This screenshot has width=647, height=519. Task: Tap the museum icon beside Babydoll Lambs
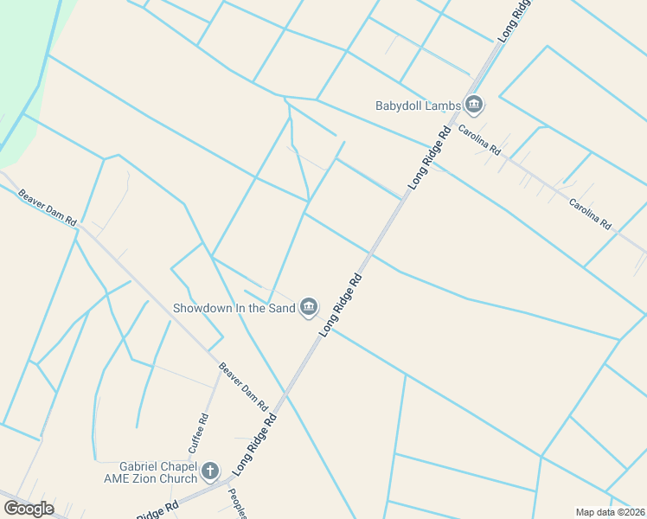coord(473,106)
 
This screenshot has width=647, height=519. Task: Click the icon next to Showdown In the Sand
coord(309,307)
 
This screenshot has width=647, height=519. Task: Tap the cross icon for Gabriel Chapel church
coord(210,471)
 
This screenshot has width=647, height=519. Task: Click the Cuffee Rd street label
coord(198,433)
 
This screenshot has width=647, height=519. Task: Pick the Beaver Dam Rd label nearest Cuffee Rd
coord(242,387)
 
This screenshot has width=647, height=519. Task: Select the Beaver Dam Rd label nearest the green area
coord(48,208)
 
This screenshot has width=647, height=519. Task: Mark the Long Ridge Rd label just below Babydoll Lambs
coord(432,157)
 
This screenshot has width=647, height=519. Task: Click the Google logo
coord(29,509)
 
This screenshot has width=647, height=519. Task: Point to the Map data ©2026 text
coord(610,512)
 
